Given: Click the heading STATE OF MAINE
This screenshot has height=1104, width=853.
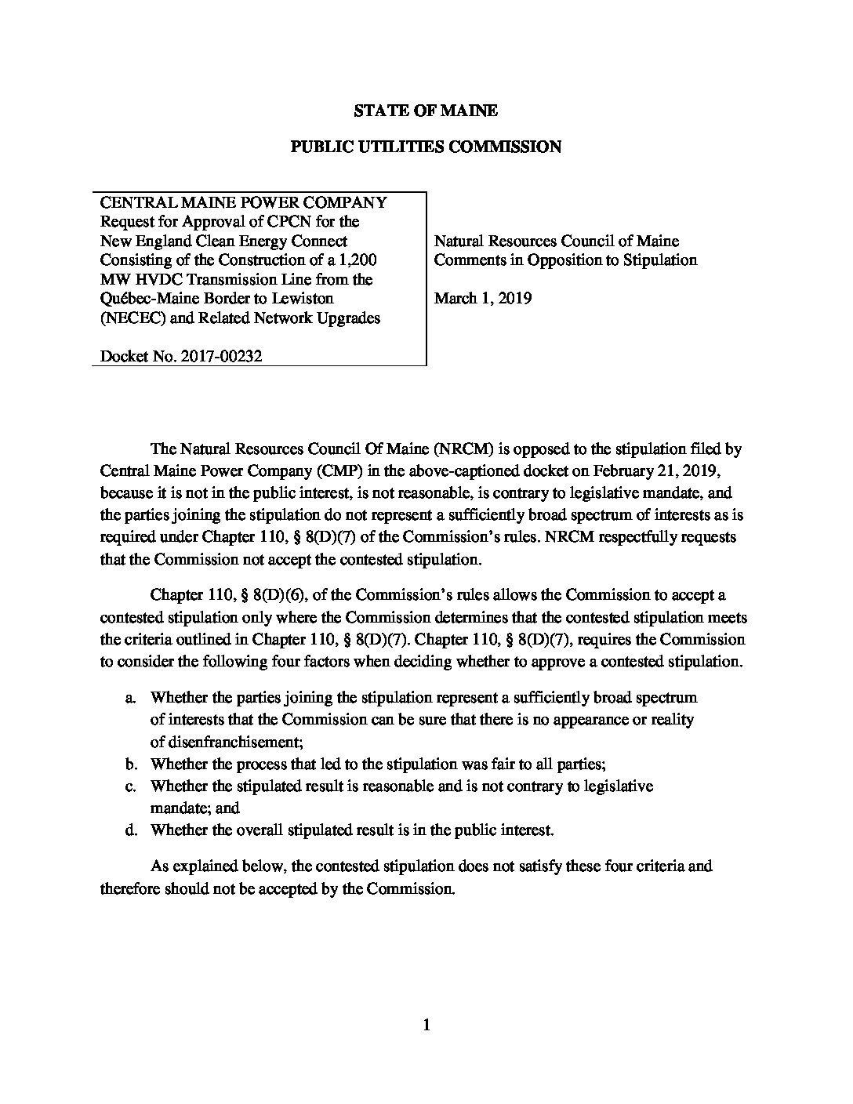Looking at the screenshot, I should pyautogui.click(x=425, y=111).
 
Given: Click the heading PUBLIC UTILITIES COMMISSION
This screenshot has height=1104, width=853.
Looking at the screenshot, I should pyautogui.click(x=426, y=147).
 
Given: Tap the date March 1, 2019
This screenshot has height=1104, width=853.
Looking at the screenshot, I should pyautogui.click(x=482, y=298).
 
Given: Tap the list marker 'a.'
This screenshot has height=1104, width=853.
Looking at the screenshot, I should pyautogui.click(x=130, y=697).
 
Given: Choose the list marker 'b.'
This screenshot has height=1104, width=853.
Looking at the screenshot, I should pyautogui.click(x=130, y=764).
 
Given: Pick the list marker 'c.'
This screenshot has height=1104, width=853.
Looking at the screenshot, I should pyautogui.click(x=130, y=786).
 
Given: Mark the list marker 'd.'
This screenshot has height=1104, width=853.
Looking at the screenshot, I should pyautogui.click(x=130, y=830).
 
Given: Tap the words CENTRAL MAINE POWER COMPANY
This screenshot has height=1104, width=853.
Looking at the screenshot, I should pyautogui.click(x=243, y=202).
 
